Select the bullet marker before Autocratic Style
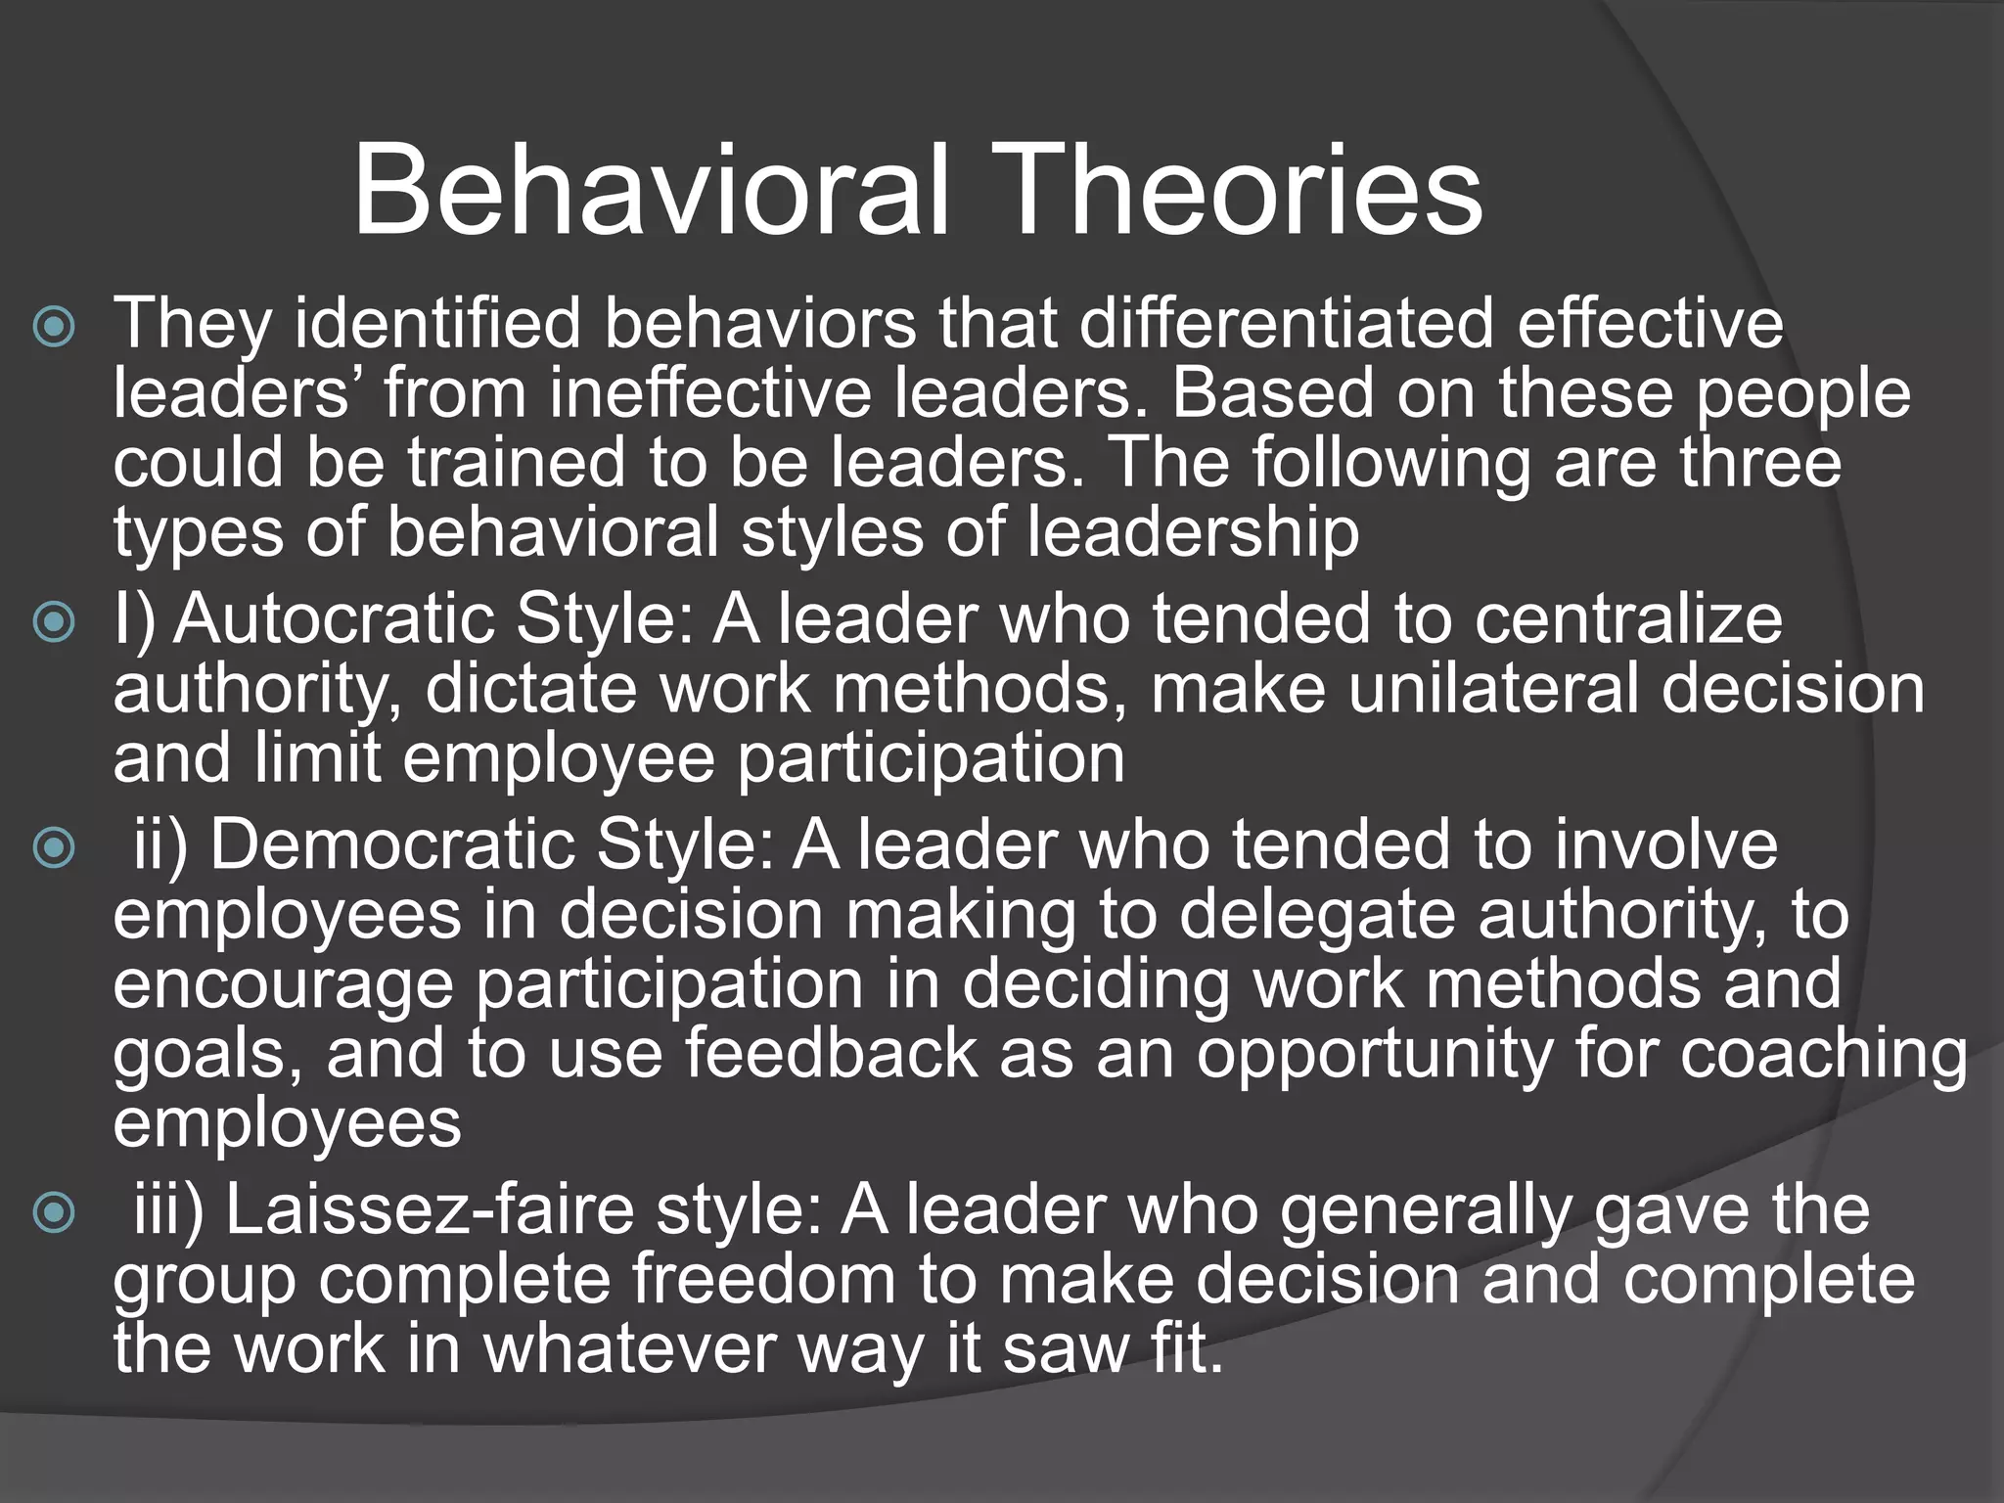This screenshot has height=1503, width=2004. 54,623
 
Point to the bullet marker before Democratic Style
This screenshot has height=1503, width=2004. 54,848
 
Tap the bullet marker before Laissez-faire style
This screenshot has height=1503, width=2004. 54,1213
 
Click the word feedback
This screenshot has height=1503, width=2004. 831,1054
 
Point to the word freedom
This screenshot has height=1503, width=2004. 763,1279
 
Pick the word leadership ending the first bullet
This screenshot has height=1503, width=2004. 1193,534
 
